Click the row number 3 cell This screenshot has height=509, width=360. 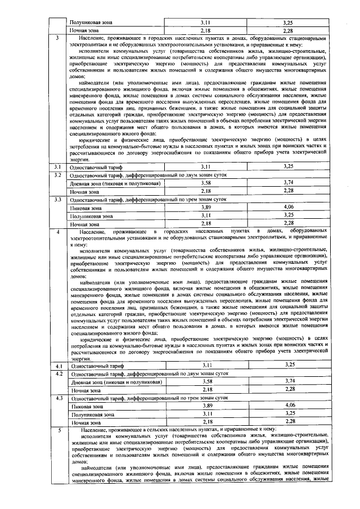point(57,38)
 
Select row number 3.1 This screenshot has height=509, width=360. point(57,166)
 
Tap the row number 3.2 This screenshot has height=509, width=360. point(57,175)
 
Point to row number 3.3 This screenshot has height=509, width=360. point(57,199)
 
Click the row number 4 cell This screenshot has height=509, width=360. point(57,231)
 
